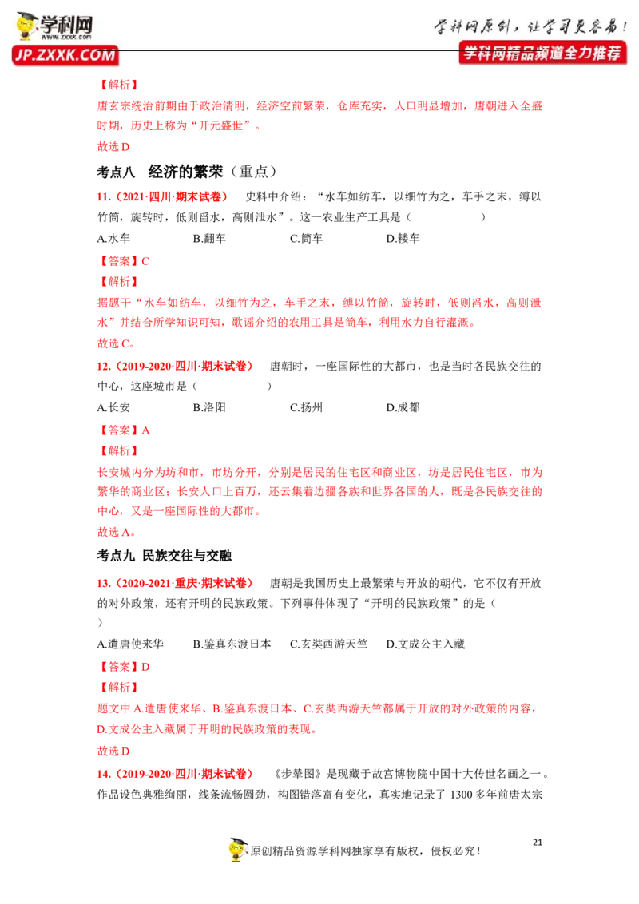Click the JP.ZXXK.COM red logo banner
(x=65, y=55)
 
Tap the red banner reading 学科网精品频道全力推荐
(x=542, y=53)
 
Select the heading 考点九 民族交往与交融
(x=165, y=556)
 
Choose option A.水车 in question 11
(x=113, y=238)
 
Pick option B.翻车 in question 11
(x=209, y=238)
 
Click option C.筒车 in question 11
(x=306, y=238)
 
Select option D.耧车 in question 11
(x=403, y=238)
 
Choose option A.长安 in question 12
(x=113, y=407)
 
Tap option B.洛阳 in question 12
(x=209, y=407)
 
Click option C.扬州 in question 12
(x=306, y=407)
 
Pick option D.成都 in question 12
(x=403, y=407)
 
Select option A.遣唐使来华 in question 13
(x=130, y=644)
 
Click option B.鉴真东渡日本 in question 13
(x=232, y=644)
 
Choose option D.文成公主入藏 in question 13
(x=426, y=644)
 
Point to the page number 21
(x=538, y=843)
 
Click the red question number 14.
(x=104, y=774)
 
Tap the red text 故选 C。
(x=116, y=343)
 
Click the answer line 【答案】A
(x=124, y=430)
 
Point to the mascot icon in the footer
(x=237, y=850)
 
